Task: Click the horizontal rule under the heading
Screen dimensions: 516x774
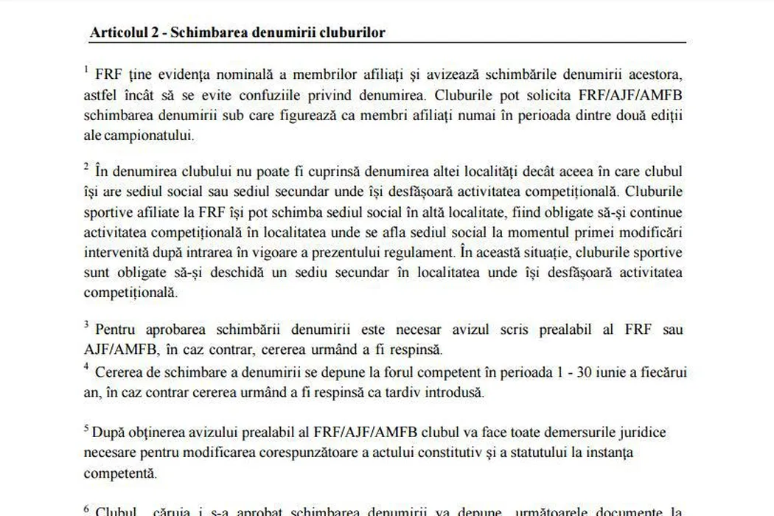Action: pos(388,43)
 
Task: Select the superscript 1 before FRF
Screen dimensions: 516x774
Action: pos(86,70)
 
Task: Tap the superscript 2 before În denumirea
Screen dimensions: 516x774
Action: pos(86,167)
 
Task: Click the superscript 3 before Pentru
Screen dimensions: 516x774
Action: pos(86,324)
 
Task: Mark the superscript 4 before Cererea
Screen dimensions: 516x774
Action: pos(86,366)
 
